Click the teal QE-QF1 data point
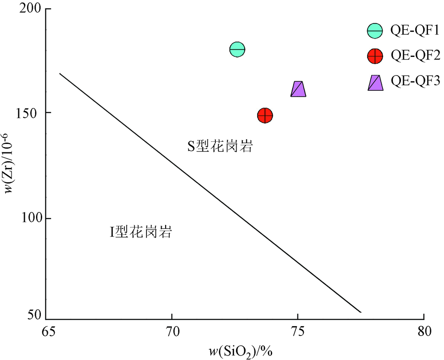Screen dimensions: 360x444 click(238, 49)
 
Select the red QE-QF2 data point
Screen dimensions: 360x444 click(265, 116)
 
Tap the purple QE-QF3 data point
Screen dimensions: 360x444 click(298, 89)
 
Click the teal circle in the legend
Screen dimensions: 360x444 click(375, 31)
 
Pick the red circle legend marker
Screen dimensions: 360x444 click(375, 56)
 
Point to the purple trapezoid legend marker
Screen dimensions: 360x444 click(376, 82)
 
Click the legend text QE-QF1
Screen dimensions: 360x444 click(415, 31)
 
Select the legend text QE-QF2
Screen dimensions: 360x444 click(415, 56)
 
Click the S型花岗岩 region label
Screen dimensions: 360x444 click(220, 147)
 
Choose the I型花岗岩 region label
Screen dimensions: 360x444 click(141, 232)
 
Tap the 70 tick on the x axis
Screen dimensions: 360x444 click(172, 330)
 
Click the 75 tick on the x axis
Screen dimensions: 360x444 click(297, 330)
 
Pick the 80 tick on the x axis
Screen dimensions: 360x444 click(424, 330)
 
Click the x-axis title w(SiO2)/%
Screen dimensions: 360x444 click(241, 352)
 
